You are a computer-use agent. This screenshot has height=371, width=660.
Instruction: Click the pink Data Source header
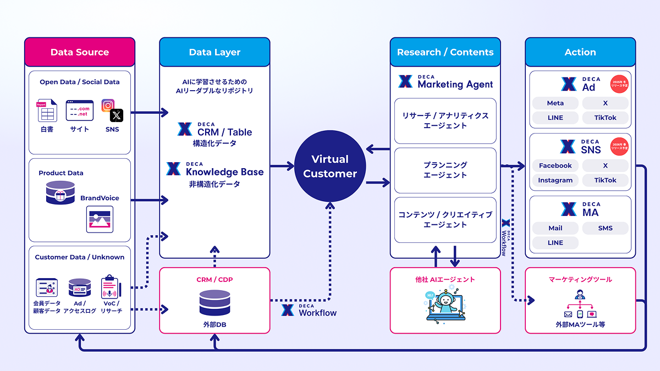pyautogui.click(x=80, y=52)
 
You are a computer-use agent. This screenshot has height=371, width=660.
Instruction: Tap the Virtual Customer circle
pyautogui.click(x=330, y=167)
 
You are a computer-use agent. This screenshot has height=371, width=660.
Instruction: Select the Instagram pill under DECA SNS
pyautogui.click(x=555, y=180)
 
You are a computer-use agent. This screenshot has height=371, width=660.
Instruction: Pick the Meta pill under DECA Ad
pyautogui.click(x=555, y=103)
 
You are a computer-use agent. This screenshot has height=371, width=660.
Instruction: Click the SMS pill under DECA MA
pyautogui.click(x=605, y=228)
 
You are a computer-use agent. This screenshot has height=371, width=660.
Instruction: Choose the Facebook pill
pyautogui.click(x=555, y=165)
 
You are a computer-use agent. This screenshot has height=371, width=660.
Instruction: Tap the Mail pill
pyautogui.click(x=555, y=228)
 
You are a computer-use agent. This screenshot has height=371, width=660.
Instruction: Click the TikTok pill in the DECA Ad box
pyautogui.click(x=605, y=118)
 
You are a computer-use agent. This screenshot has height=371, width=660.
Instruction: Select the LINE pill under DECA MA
pyautogui.click(x=555, y=243)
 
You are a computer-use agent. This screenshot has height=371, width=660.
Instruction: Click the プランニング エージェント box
pyautogui.click(x=445, y=170)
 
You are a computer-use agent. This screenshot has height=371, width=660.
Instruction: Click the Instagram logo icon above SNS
pyautogui.click(x=108, y=105)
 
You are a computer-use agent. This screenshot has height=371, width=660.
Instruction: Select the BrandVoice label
pyautogui.click(x=100, y=198)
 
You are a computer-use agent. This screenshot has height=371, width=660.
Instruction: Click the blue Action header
pyautogui.click(x=580, y=52)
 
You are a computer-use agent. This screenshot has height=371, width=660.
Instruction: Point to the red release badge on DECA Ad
pyautogui.click(x=619, y=85)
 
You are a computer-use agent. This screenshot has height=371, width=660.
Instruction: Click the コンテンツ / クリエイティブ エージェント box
pyautogui.click(x=445, y=220)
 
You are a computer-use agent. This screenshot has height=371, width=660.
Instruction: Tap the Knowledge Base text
pyautogui.click(x=224, y=172)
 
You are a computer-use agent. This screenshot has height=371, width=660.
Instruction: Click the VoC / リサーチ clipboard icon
pyautogui.click(x=110, y=287)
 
